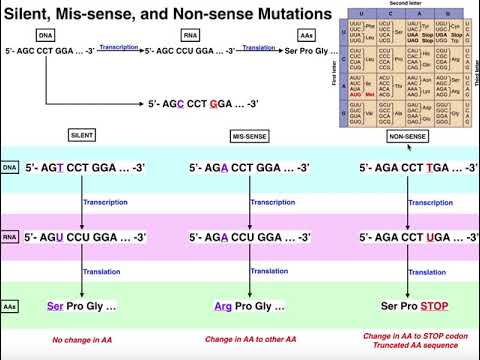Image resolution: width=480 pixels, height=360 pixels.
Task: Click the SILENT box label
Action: click(x=84, y=134)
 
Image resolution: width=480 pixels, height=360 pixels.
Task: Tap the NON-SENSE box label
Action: click(x=408, y=134)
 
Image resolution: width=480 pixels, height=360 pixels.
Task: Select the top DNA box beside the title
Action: click(x=44, y=36)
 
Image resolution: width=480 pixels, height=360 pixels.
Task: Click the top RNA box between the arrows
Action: click(x=189, y=36)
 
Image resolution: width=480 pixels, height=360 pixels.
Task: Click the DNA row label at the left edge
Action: click(x=10, y=167)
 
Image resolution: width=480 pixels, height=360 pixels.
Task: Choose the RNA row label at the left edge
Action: click(x=10, y=237)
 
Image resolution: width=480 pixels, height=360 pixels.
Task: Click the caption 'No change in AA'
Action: click(x=83, y=340)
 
